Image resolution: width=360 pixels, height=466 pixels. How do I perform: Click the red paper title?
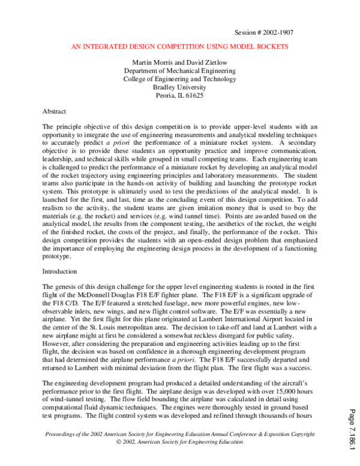179,46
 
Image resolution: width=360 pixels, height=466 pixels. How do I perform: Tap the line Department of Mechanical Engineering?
179,70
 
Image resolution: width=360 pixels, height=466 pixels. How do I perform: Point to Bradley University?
179,86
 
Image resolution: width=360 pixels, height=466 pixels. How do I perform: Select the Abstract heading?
55,112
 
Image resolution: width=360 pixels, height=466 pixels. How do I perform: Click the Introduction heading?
60,271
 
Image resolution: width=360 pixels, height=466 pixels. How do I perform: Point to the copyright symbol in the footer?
119,441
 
